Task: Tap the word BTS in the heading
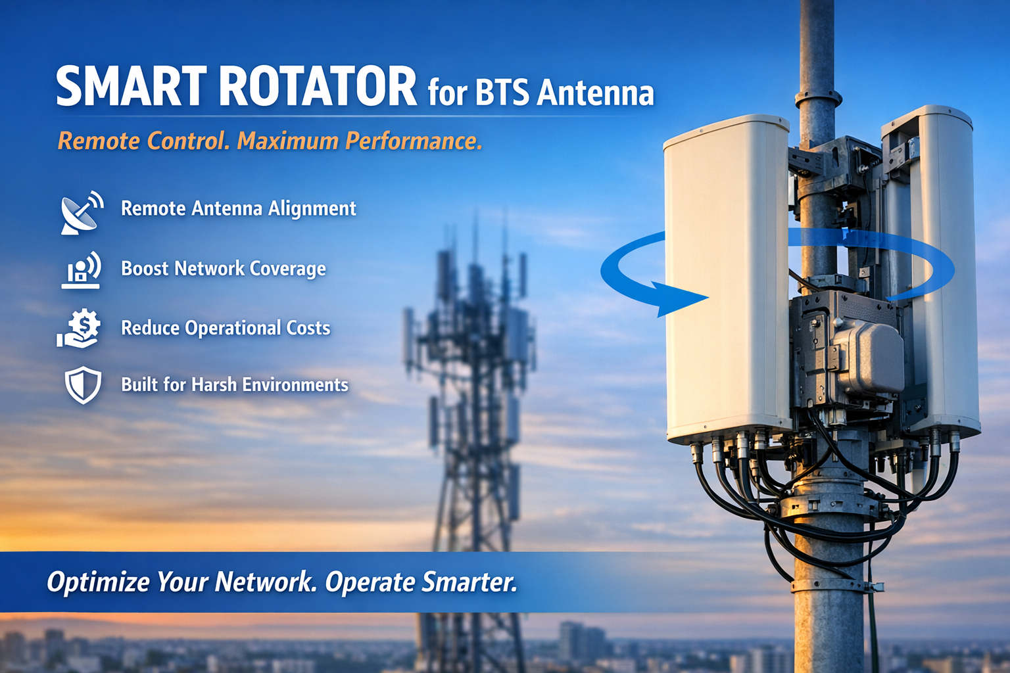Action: (502, 93)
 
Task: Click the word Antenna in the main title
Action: (595, 93)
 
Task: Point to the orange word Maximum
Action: (288, 141)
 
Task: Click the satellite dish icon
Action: (82, 212)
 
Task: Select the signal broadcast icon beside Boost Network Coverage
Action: (82, 269)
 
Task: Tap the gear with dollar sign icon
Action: (80, 328)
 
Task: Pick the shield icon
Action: (83, 385)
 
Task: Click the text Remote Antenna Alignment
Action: (238, 209)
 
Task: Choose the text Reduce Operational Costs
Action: (226, 328)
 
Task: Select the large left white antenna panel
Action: (727, 276)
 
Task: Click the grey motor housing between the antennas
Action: (868, 358)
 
